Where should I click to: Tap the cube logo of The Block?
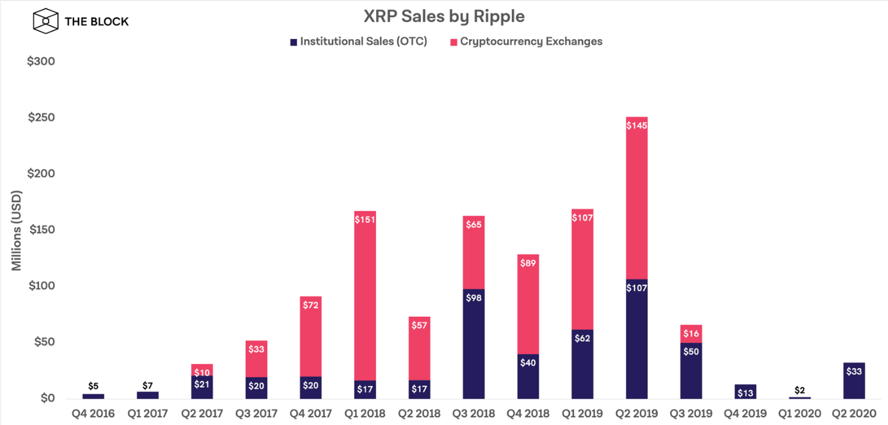[x=45, y=21]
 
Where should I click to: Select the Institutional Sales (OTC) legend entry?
[x=358, y=42]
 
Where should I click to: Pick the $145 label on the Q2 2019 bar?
[x=637, y=126]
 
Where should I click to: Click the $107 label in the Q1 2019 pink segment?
[x=582, y=218]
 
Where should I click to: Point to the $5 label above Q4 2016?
[x=93, y=386]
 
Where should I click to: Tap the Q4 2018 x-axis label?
[x=528, y=413]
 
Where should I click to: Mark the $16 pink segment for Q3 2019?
[x=691, y=333]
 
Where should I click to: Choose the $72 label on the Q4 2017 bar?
[x=310, y=305]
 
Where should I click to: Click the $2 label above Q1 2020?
[x=800, y=390]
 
